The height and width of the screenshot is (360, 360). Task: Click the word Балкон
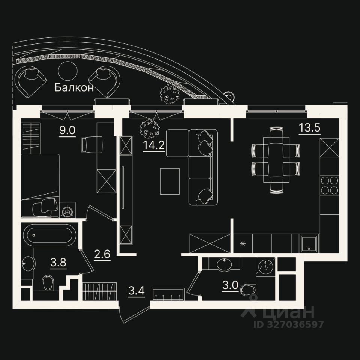(x=74, y=88)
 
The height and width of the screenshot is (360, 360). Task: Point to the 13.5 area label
(x=309, y=128)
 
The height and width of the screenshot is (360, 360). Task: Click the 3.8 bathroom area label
(x=58, y=262)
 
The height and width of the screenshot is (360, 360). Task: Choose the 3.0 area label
(x=230, y=285)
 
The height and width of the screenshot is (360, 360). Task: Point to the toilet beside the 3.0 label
(x=249, y=289)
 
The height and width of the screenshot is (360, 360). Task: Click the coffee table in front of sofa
(x=169, y=181)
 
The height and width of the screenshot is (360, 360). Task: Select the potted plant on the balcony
(x=169, y=93)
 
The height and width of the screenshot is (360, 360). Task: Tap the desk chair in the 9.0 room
(x=91, y=144)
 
